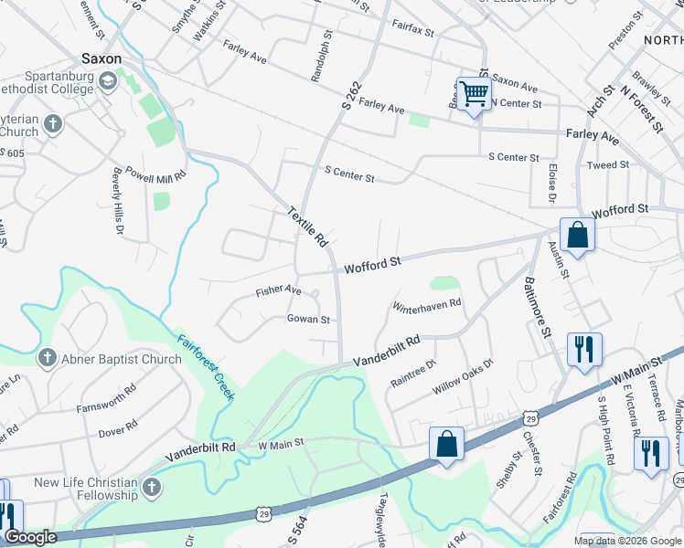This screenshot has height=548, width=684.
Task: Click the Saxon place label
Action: pos(101,58)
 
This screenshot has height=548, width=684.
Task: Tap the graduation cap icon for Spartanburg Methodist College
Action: pos(108,82)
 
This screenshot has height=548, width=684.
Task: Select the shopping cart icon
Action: pos(473,93)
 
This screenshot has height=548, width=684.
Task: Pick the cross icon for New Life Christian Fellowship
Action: pos(152,489)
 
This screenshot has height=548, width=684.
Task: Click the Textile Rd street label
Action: pos(308,227)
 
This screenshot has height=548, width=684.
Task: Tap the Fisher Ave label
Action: pos(279,290)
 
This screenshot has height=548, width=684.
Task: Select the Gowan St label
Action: pos(308,320)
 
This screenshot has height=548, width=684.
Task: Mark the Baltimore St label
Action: pos(537,310)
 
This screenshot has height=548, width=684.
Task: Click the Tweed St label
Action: pos(608,165)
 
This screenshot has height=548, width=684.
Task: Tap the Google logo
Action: pos(30,538)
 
